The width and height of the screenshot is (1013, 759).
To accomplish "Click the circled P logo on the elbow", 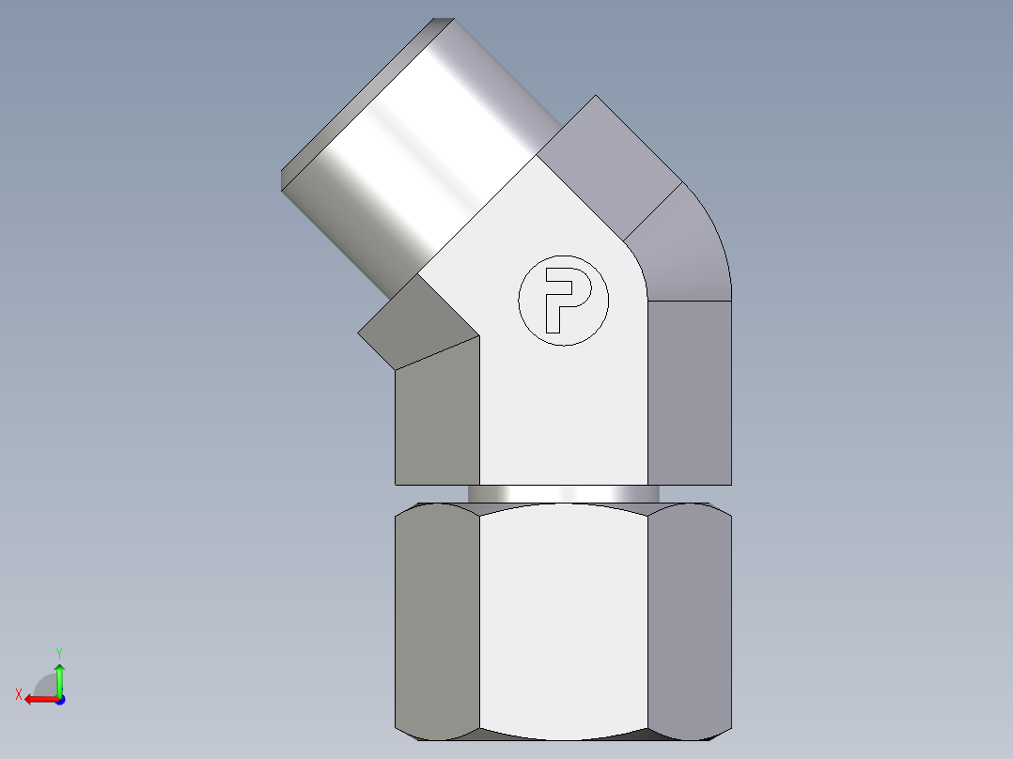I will pos(564,300).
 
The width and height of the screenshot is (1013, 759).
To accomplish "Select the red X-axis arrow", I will pos(39,699).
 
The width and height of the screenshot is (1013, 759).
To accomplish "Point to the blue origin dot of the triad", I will pos(59,700).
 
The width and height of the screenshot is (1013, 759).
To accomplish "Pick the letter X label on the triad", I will pos(18,694).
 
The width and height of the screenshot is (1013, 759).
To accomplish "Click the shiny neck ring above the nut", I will pos(563,493).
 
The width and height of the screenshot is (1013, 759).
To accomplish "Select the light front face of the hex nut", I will pos(564,620).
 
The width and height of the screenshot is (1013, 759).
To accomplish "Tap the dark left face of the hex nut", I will pos(437,620).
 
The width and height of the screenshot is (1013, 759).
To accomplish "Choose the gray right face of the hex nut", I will pos(690,620).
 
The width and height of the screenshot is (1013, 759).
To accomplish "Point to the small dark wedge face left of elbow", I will pos(413,324).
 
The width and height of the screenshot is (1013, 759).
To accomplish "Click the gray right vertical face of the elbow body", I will pos(690,395).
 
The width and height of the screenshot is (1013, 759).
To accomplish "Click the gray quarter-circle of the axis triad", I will pos(45,685).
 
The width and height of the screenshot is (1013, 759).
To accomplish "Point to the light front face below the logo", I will pos(564,413).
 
